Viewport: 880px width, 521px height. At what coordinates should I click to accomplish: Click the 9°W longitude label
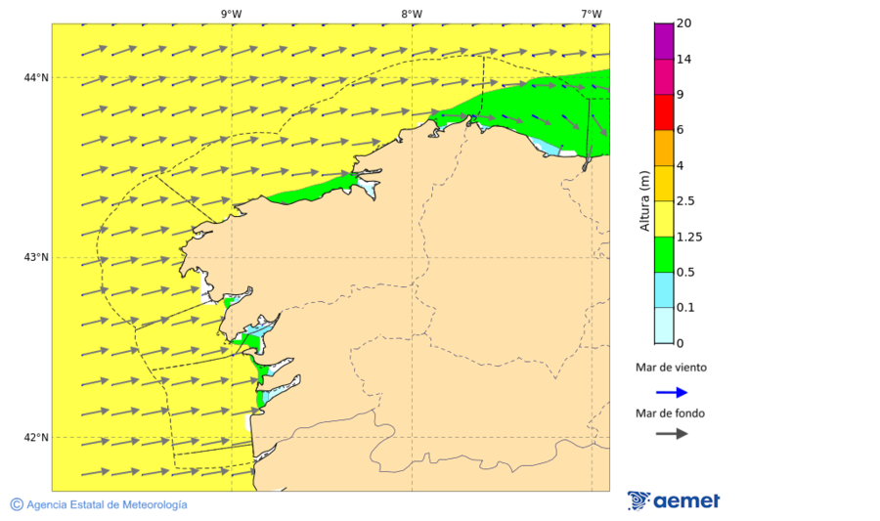coord(231,14)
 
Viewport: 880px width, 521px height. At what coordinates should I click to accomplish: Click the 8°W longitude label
coord(412,14)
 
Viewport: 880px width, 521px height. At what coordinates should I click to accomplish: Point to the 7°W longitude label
coord(591,14)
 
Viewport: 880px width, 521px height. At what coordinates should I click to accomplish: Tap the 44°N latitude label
coord(36,78)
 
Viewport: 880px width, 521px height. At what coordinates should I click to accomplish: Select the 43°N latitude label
coord(36,258)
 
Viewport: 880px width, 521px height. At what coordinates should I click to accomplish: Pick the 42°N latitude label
coord(36,438)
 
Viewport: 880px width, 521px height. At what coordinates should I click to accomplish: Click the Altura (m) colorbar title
coord(643,201)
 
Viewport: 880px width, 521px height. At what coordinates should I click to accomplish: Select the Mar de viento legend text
coord(671,369)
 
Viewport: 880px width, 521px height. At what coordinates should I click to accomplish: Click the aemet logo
coord(674,500)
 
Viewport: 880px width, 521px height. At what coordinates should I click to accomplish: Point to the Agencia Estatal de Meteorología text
coord(107,504)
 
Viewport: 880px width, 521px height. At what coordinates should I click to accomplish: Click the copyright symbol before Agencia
coord(17,504)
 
